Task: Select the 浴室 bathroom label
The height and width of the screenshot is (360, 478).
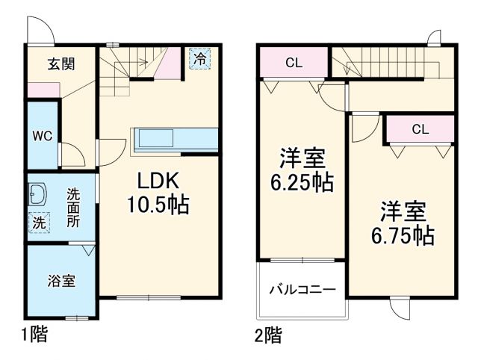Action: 61,282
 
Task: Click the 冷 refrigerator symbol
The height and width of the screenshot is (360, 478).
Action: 199,58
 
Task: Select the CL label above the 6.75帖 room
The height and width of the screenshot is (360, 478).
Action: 420,129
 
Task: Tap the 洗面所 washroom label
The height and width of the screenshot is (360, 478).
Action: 73,208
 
